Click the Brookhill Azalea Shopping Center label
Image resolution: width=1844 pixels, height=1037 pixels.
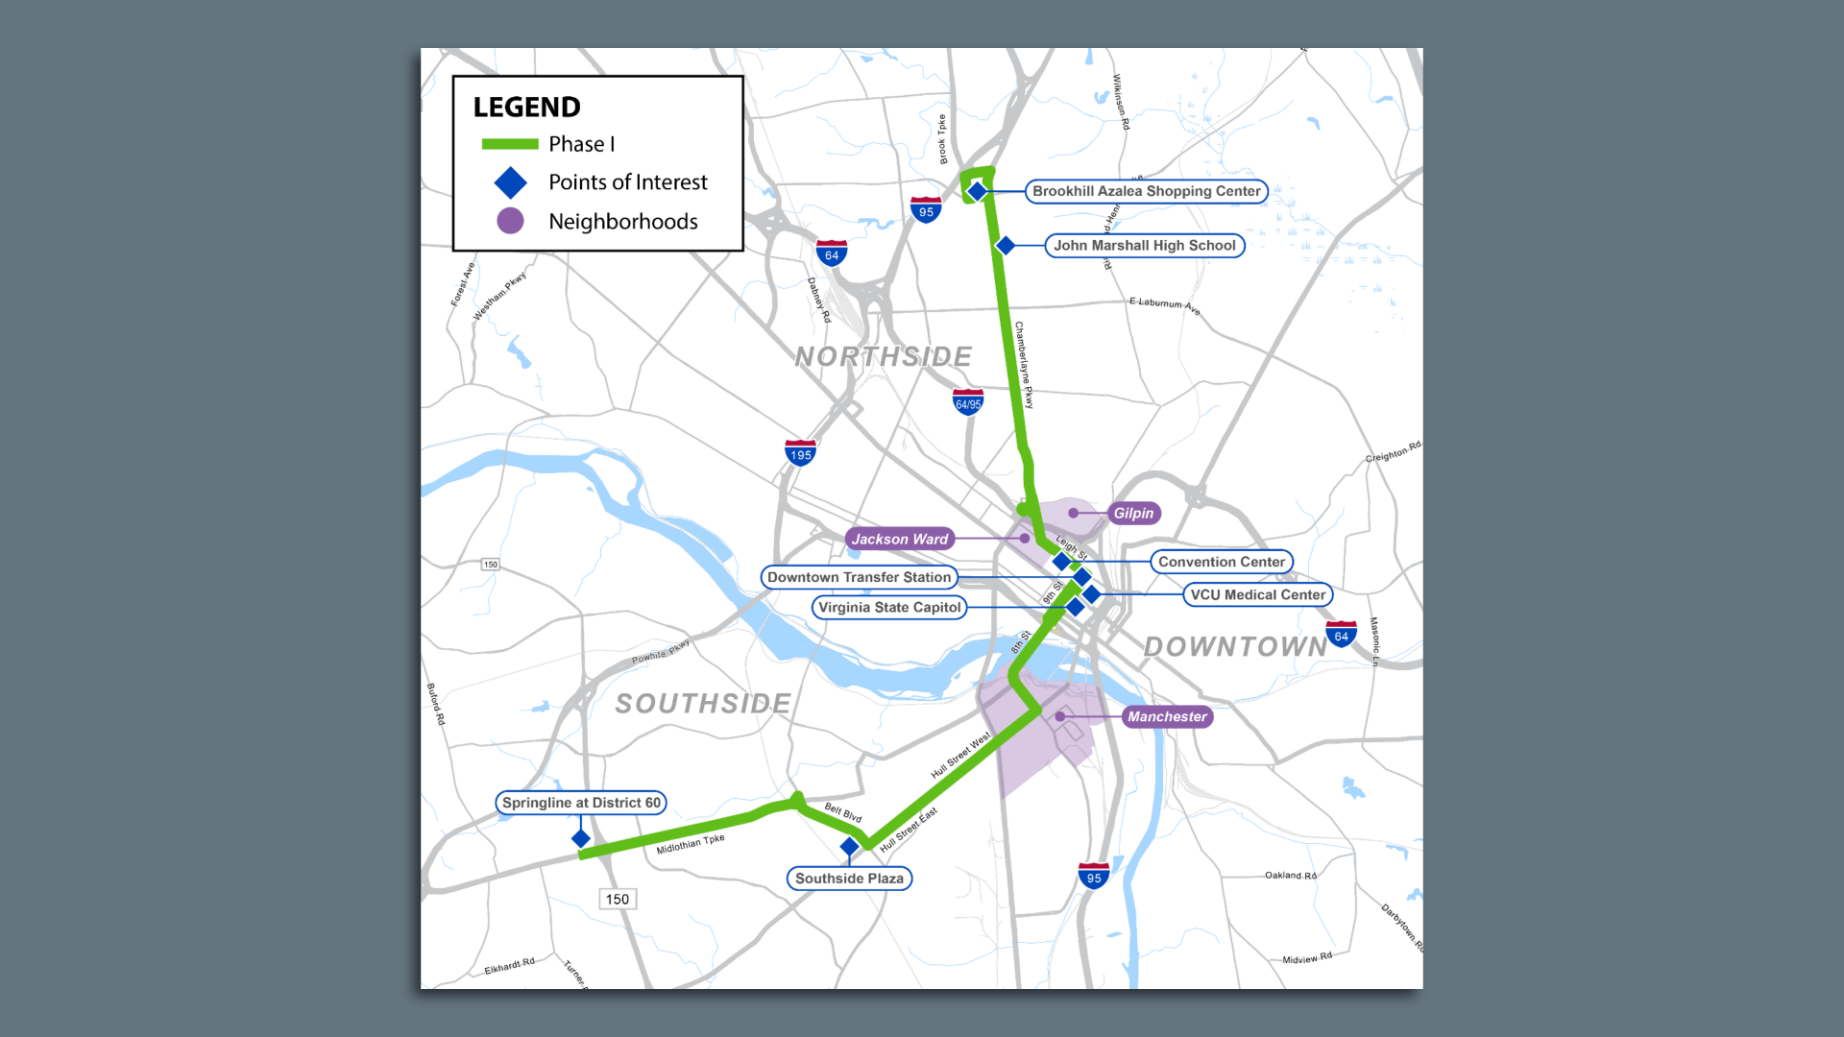[1146, 191]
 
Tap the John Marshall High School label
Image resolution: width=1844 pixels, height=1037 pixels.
[1144, 246]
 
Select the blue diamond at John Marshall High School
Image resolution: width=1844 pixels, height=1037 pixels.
[1006, 246]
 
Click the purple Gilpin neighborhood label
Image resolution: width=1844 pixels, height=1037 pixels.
[1133, 514]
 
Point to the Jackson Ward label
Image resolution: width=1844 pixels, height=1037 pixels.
[899, 540]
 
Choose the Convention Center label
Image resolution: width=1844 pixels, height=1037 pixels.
[1221, 562]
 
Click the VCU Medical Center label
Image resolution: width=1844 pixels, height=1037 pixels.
[1257, 595]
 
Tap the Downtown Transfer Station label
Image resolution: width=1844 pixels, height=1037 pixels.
[859, 577]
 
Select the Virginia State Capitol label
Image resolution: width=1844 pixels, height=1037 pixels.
[889, 608]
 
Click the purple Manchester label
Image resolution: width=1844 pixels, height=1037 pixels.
[1167, 717]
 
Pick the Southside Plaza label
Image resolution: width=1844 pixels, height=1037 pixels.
[849, 879]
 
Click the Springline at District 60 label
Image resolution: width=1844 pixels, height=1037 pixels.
[581, 803]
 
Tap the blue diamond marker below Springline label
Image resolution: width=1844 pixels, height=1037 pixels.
[581, 839]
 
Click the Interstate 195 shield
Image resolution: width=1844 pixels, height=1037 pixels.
[800, 453]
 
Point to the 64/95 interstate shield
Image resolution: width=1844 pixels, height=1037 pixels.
[968, 402]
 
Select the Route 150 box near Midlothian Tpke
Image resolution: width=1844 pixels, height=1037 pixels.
[617, 900]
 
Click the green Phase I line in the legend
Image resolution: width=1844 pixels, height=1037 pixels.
[510, 144]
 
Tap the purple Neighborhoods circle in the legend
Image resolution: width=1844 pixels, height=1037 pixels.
[510, 221]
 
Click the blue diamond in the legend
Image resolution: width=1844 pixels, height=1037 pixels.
[510, 182]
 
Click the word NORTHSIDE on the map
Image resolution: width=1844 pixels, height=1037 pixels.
[884, 357]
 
